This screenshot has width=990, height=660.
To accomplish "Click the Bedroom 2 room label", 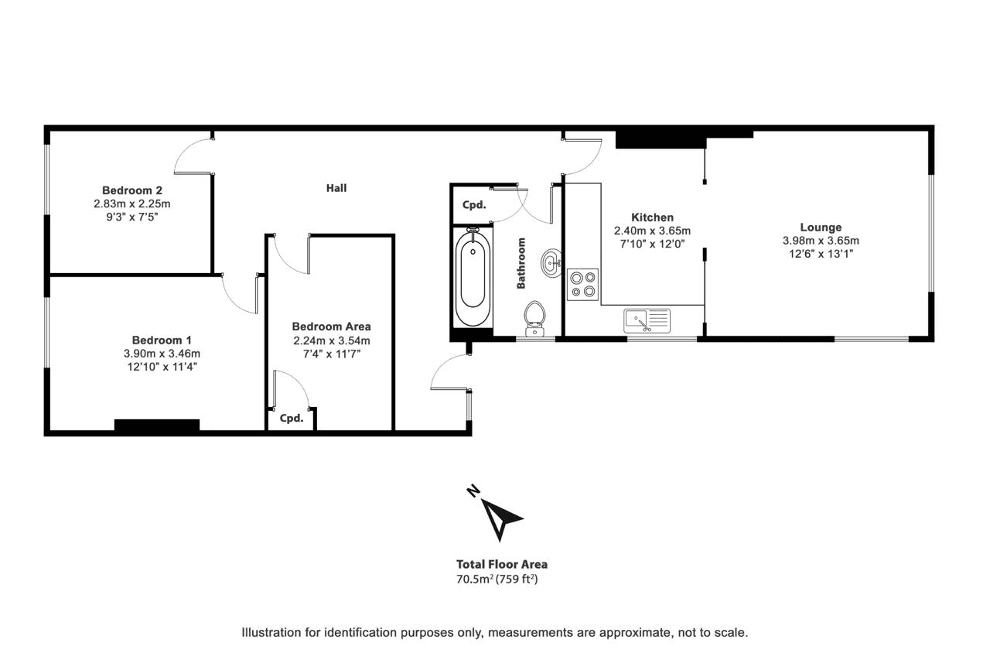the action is (x=132, y=190).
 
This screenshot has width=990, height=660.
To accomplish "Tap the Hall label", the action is (x=336, y=188).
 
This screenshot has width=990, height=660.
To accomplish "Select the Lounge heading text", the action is (x=821, y=227).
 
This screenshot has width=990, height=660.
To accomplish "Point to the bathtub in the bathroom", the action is (x=473, y=277).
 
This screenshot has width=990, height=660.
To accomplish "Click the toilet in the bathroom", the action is (x=534, y=319).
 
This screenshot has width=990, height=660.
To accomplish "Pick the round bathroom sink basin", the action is (x=551, y=263).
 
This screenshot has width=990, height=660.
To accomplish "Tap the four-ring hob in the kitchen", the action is (x=582, y=285).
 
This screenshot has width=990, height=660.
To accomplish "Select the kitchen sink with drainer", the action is (x=647, y=321).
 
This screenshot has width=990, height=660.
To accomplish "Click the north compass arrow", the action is (x=502, y=519).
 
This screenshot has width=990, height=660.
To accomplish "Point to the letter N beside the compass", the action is (x=473, y=491).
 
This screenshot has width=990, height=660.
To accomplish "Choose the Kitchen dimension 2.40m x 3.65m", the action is (x=652, y=231).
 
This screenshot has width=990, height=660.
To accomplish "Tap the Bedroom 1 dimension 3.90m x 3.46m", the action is (x=162, y=354).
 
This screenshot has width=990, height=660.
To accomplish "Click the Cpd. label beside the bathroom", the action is (x=474, y=205).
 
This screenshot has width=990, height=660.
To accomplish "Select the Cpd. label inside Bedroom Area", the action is (x=292, y=418).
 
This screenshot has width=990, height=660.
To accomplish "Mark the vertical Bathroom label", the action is (x=521, y=264).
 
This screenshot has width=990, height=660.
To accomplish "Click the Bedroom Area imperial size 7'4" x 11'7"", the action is (x=332, y=354).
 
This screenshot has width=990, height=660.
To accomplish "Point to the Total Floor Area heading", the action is (x=502, y=565).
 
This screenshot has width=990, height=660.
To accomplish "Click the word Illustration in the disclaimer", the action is (x=271, y=633).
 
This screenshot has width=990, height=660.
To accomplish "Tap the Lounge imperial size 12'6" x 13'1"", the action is (x=821, y=254).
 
